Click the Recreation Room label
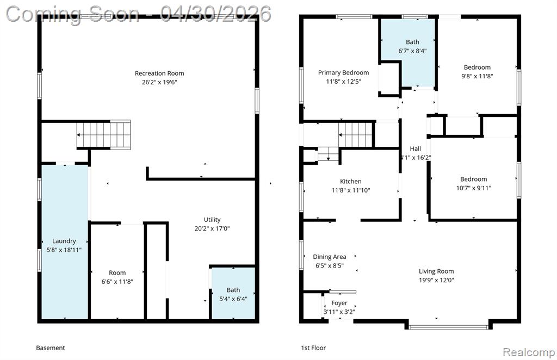pyautogui.click(x=159, y=73)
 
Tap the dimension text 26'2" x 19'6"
pyautogui.click(x=159, y=82)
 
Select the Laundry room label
pyautogui.click(x=64, y=241)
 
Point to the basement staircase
pyautogui.click(x=103, y=134)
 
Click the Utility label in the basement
pyautogui.click(x=212, y=220)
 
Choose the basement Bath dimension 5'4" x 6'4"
pyautogui.click(x=233, y=299)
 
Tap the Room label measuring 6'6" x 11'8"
pyautogui.click(x=117, y=272)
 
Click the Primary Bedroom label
pyautogui.click(x=344, y=73)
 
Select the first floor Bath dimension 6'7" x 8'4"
pyautogui.click(x=412, y=51)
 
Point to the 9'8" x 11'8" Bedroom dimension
pyautogui.click(x=477, y=76)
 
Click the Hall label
pyautogui.click(x=415, y=149)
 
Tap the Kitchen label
pyautogui.click(x=351, y=182)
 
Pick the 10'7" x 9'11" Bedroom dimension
pyautogui.click(x=474, y=188)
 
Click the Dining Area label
pyautogui.click(x=329, y=257)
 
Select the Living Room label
pyautogui.click(x=436, y=271)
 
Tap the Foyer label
pyautogui.click(x=339, y=303)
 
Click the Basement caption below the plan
pyautogui.click(x=51, y=348)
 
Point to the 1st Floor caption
pyautogui.click(x=313, y=348)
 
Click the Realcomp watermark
pyautogui.click(x=529, y=352)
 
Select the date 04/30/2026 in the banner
pyautogui.click(x=215, y=14)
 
